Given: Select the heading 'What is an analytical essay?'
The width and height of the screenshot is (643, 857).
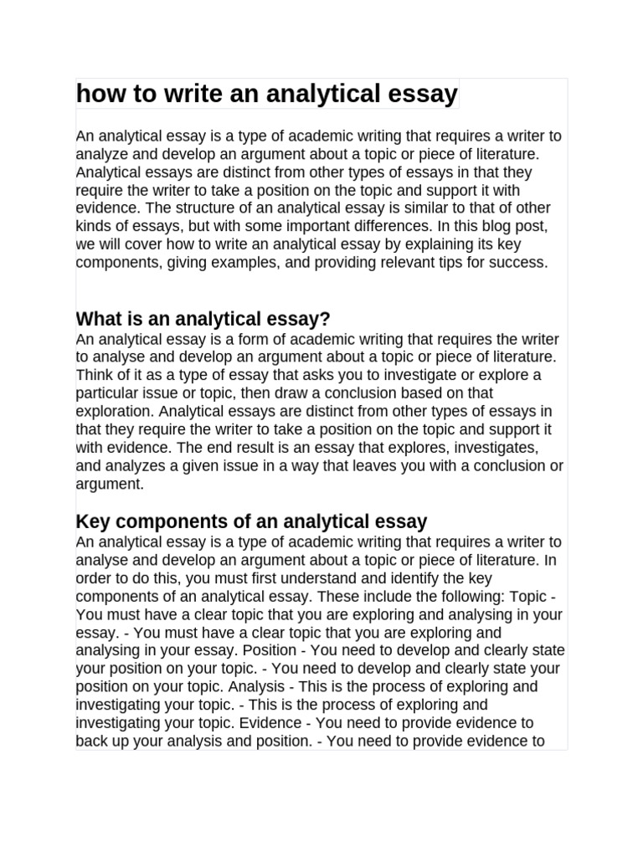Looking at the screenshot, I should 203,319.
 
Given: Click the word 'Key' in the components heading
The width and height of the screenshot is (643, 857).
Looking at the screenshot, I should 92,521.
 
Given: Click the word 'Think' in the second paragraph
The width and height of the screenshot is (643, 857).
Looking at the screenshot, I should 95,375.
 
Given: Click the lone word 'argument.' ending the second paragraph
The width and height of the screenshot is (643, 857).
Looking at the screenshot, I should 110,484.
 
